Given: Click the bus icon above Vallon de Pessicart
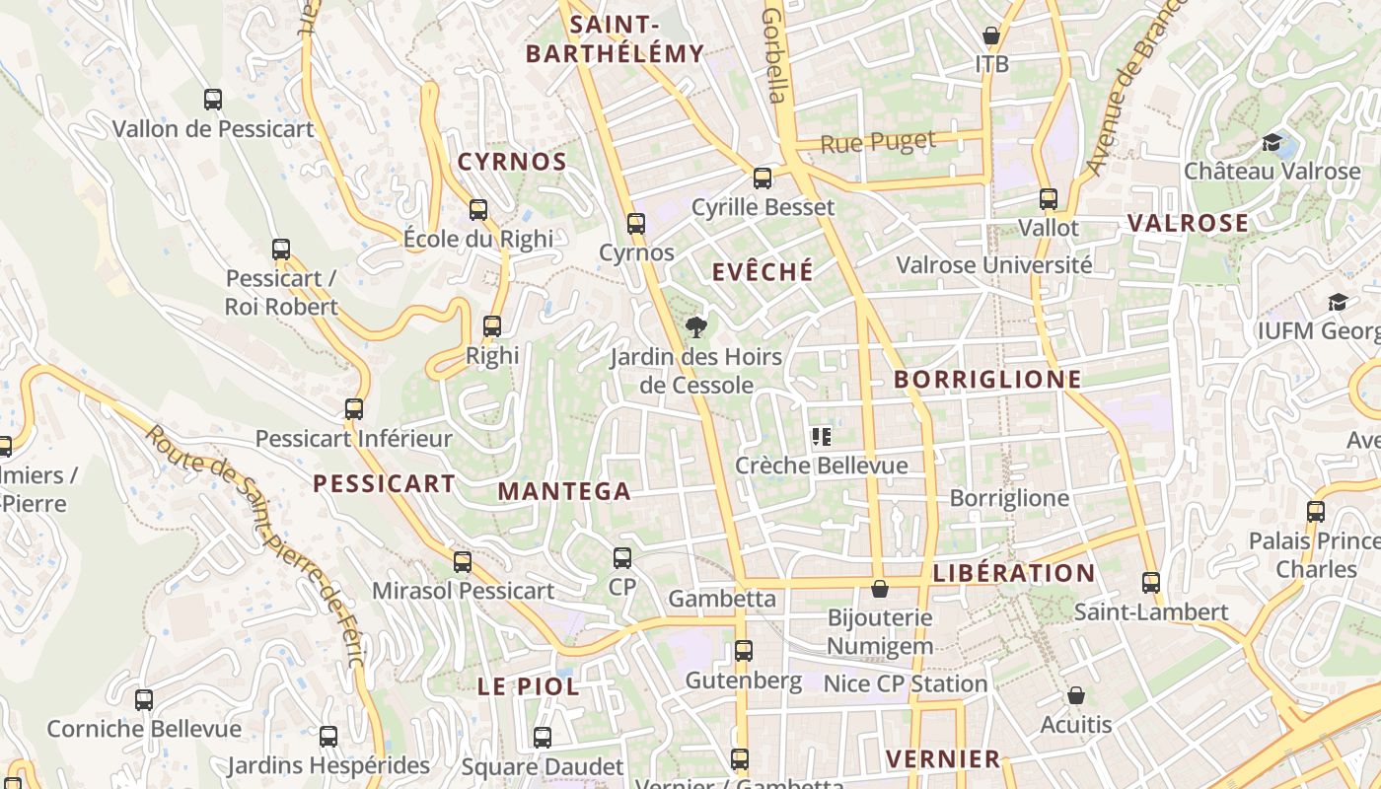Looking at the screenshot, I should pyautogui.click(x=213, y=100).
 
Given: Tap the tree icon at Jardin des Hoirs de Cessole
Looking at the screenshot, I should pyautogui.click(x=696, y=327).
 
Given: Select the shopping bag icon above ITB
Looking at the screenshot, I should pyautogui.click(x=991, y=36).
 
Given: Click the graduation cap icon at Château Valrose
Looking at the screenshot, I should pyautogui.click(x=1272, y=143).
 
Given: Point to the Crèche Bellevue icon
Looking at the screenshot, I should pyautogui.click(x=821, y=437).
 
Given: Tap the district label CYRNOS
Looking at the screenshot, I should pyautogui.click(x=512, y=163).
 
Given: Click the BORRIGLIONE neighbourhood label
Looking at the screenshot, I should pyautogui.click(x=987, y=380).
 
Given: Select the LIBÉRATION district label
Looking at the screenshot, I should pyautogui.click(x=1014, y=574).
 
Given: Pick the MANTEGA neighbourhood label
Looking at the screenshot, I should pyautogui.click(x=564, y=491).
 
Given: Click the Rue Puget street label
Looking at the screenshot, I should pyautogui.click(x=878, y=143).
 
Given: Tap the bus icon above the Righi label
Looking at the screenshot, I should pyautogui.click(x=492, y=326).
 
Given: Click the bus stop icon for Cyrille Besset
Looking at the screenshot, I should pyautogui.click(x=763, y=179).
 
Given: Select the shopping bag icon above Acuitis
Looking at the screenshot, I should pyautogui.click(x=1076, y=696).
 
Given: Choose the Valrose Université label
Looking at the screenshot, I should pyautogui.click(x=993, y=265).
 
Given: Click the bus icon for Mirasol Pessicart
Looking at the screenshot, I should pyautogui.click(x=463, y=562).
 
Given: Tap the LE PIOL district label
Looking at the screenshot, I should pyautogui.click(x=529, y=687).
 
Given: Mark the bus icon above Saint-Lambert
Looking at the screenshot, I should pyautogui.click(x=1151, y=583).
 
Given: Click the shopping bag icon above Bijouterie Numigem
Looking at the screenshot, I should pyautogui.click(x=880, y=589).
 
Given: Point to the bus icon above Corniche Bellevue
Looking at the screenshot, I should pyautogui.click(x=144, y=700).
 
